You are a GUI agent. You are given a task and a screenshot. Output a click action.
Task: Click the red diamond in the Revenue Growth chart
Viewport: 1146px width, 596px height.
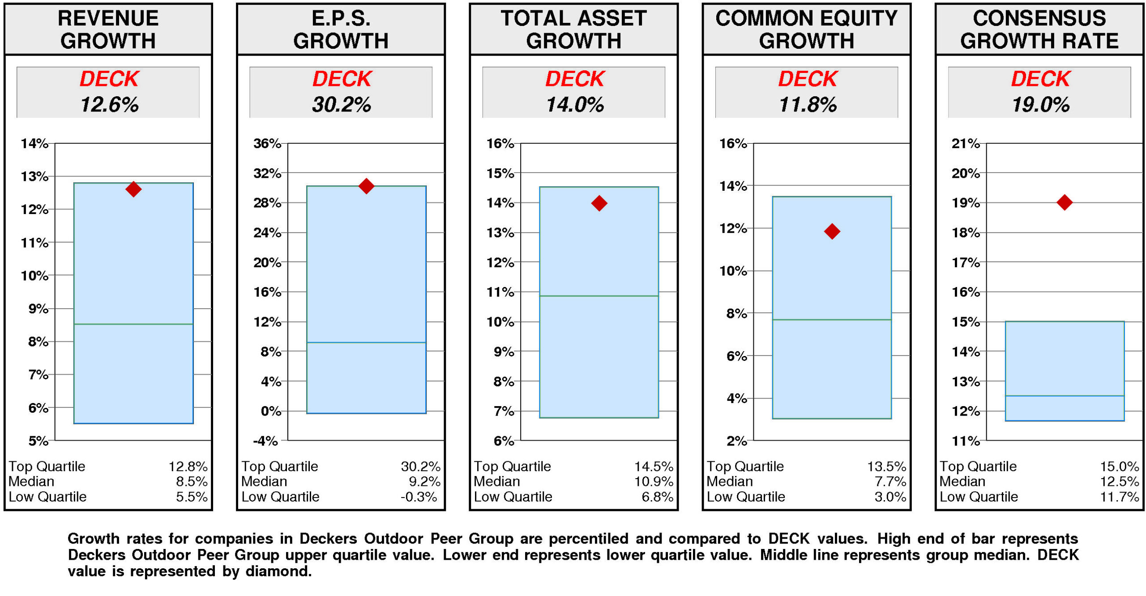[133, 189]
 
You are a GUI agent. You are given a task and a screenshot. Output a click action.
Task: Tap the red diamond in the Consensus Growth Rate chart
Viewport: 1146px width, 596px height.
[1064, 202]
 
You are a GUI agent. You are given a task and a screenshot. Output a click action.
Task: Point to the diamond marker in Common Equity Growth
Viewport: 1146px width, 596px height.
[832, 232]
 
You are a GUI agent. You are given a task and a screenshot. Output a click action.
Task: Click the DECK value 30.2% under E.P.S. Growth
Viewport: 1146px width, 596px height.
[341, 105]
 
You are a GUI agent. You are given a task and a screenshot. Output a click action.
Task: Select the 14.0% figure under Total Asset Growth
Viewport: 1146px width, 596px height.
[574, 105]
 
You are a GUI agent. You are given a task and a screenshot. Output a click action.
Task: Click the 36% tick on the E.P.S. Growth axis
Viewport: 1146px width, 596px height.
[267, 144]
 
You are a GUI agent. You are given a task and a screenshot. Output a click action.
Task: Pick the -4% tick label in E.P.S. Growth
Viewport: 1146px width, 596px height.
[265, 441]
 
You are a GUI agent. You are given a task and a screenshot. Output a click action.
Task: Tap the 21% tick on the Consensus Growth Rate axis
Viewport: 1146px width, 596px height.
[966, 144]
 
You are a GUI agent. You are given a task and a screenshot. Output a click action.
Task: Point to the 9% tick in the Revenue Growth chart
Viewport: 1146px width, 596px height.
[38, 309]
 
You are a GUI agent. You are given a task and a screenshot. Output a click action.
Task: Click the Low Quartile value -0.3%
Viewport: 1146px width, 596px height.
[419, 497]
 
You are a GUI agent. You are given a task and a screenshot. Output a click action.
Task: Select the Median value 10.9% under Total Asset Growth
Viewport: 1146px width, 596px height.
[654, 481]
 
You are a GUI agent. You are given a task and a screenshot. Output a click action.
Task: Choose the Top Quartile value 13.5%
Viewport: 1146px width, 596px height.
[886, 466]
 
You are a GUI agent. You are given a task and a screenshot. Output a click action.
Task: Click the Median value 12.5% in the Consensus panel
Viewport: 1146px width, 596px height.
[1119, 481]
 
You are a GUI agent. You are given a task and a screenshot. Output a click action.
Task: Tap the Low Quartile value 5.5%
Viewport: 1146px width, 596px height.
[192, 497]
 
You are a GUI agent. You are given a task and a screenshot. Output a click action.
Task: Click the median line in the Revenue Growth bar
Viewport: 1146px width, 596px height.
[133, 324]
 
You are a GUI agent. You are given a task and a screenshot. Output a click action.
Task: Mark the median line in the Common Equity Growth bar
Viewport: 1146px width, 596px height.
[832, 320]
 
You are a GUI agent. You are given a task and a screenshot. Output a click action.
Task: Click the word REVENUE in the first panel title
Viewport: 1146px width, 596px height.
[108, 19]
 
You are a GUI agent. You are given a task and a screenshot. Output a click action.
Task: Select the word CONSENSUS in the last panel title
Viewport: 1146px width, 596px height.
[1039, 19]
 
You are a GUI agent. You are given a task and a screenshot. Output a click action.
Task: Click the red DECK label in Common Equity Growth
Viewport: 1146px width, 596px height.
[807, 79]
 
